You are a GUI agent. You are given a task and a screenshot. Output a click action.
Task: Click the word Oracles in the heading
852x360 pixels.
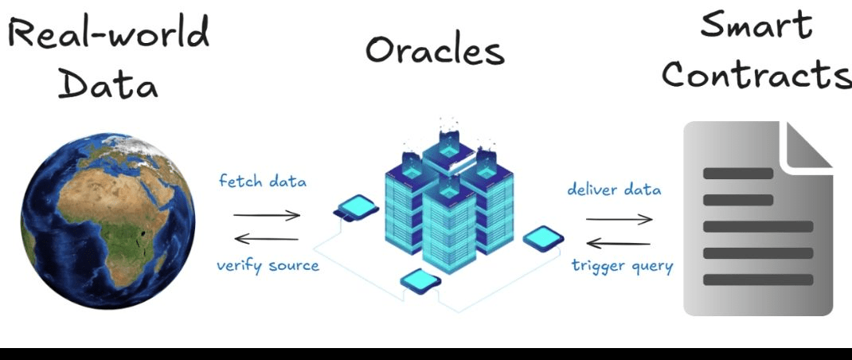(435, 50)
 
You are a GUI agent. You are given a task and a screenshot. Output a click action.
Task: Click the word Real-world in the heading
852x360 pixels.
(109, 33)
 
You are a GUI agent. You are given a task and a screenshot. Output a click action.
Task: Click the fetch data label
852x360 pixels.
(263, 181)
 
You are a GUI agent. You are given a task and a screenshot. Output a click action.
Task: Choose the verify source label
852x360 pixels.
(268, 265)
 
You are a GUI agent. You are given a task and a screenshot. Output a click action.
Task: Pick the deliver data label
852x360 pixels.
(614, 190)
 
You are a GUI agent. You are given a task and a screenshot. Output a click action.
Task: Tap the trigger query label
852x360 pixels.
(622, 265)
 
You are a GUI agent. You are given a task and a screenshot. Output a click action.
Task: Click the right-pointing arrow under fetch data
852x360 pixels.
(267, 214)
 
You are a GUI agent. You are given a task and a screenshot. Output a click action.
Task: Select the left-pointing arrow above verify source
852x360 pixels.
(267, 238)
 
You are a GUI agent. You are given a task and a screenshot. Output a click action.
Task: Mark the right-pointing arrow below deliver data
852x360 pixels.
(619, 219)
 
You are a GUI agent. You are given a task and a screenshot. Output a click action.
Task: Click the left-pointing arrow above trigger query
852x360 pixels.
(619, 243)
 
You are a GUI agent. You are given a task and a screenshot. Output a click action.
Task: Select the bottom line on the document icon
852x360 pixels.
(757, 280)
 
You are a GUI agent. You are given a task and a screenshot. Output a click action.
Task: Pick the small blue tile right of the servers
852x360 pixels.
(544, 237)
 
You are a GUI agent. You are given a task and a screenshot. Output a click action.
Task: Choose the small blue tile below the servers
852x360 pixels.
(420, 279)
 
